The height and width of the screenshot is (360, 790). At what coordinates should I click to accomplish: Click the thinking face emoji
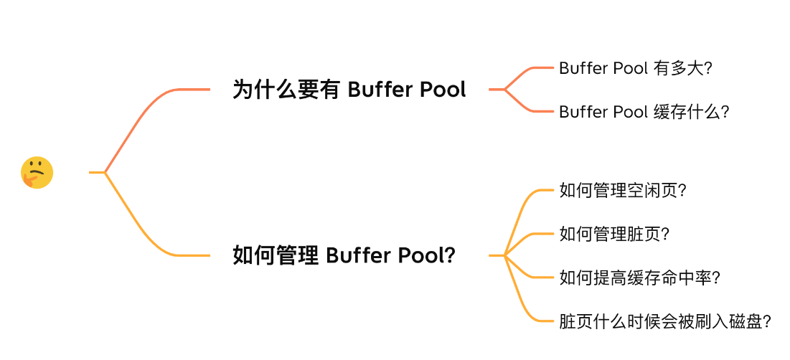click(37, 172)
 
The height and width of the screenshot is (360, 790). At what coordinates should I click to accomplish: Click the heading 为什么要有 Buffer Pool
click(349, 90)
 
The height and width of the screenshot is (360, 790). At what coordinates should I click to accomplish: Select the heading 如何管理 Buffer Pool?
click(344, 255)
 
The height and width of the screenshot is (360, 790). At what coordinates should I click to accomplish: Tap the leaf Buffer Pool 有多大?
click(634, 68)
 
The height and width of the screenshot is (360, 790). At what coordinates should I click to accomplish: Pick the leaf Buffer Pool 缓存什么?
click(644, 112)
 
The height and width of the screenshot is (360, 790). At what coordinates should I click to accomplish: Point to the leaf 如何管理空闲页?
click(622, 191)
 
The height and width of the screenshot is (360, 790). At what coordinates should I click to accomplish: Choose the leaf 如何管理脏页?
click(613, 234)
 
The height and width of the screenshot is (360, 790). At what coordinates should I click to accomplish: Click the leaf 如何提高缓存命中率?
click(639, 278)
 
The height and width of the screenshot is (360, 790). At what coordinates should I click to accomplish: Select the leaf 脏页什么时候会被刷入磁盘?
click(664, 321)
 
